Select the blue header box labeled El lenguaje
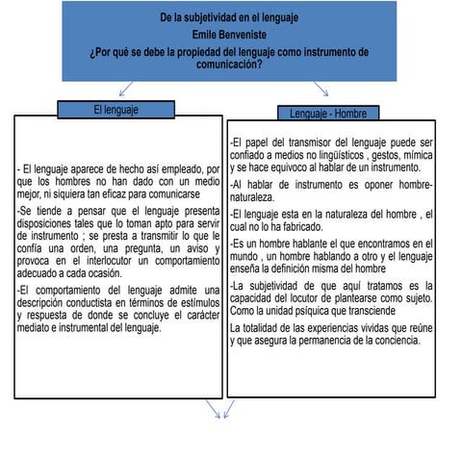(x=115, y=110)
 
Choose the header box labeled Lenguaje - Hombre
(x=328, y=114)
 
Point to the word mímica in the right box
(x=416, y=155)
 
